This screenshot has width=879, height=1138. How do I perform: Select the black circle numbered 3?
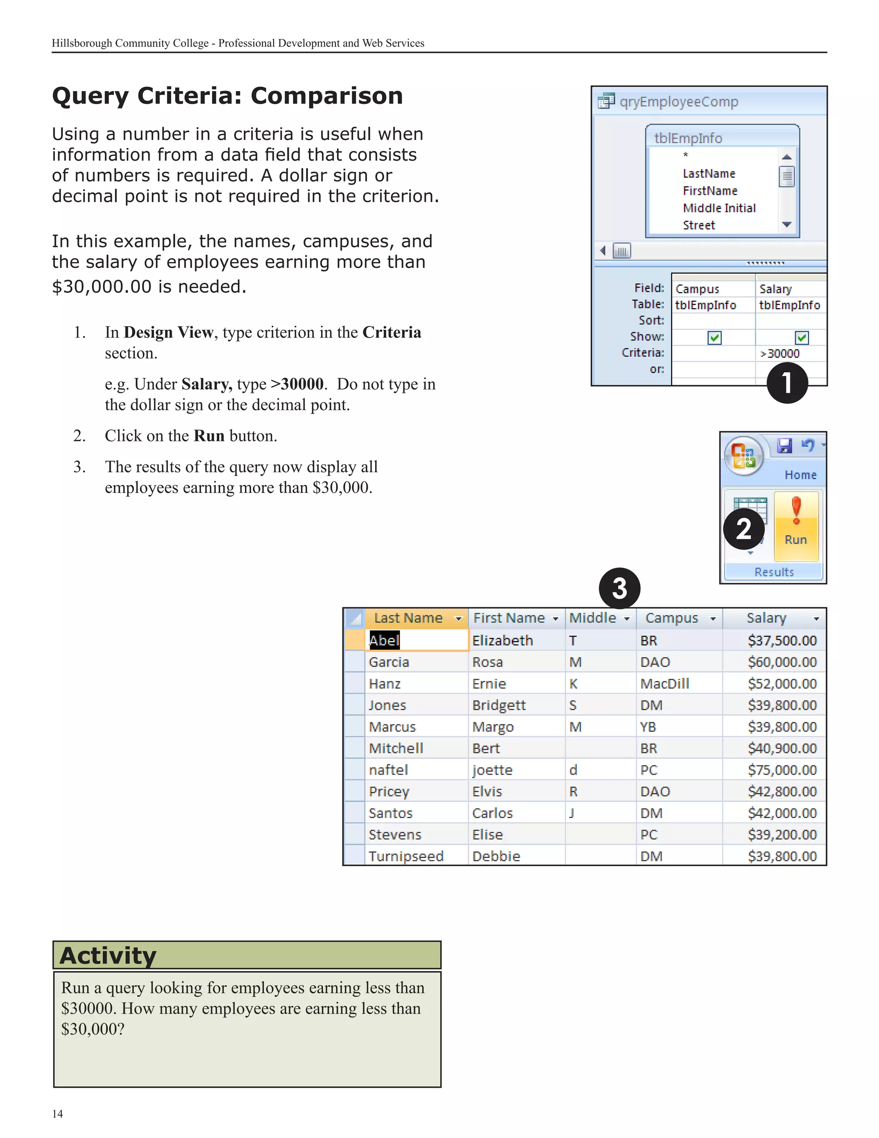click(x=619, y=588)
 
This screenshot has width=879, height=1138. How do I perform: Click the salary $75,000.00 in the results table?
click(x=782, y=770)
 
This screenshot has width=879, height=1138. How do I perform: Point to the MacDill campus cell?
click(x=664, y=684)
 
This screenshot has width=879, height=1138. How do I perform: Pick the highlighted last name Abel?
click(x=384, y=640)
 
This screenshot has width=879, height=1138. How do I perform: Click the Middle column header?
click(x=593, y=618)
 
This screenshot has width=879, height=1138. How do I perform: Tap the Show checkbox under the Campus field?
click(x=715, y=338)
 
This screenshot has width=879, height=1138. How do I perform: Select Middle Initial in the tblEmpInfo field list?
click(x=719, y=208)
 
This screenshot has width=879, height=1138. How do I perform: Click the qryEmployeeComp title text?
click(x=679, y=102)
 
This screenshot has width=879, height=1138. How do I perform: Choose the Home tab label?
click(x=800, y=475)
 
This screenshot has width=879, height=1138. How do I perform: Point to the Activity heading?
click(x=108, y=955)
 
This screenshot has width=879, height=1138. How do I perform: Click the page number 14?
click(x=57, y=1114)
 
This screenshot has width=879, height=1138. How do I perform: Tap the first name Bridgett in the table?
click(x=499, y=705)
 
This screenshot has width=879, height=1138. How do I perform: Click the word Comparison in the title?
click(x=327, y=96)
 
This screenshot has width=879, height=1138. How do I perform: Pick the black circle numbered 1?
click(x=787, y=383)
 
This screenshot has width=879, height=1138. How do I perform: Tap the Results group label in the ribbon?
click(x=774, y=572)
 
